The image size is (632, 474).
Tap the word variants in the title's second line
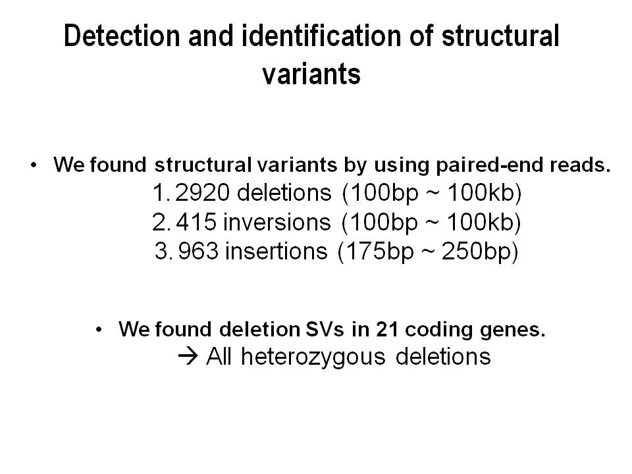(311, 74)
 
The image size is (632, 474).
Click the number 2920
(203, 192)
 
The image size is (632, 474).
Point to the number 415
(196, 222)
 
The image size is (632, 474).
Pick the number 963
(198, 251)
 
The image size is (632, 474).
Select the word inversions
(276, 222)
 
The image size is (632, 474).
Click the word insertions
(276, 251)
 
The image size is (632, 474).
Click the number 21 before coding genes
(387, 329)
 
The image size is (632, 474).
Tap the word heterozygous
(313, 357)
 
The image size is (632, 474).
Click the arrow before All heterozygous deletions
(188, 357)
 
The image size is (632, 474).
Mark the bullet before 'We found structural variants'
(34, 165)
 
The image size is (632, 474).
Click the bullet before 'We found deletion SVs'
(99, 330)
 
